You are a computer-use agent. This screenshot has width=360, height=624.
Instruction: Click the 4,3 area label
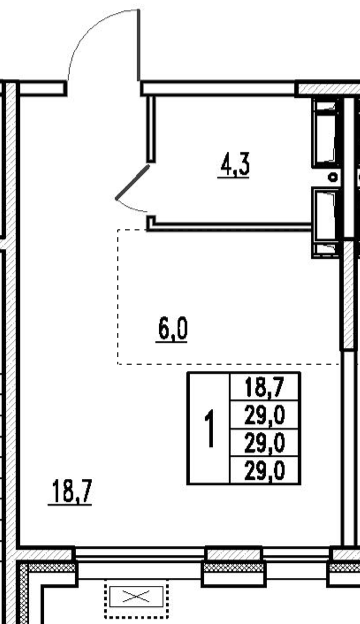click(x=234, y=166)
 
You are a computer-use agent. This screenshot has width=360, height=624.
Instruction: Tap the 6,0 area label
click(x=171, y=330)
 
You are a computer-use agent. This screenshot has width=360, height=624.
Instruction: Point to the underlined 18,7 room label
click(x=70, y=493)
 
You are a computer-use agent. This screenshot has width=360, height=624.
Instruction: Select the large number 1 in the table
click(x=210, y=429)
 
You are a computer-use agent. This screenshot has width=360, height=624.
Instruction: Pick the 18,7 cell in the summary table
click(x=265, y=387)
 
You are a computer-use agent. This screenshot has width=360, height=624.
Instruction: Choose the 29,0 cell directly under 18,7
click(x=265, y=416)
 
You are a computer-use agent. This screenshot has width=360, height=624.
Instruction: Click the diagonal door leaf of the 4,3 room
click(x=132, y=182)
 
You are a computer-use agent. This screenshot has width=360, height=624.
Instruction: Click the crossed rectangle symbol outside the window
click(x=136, y=596)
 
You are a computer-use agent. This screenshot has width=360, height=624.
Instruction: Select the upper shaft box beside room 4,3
click(x=326, y=133)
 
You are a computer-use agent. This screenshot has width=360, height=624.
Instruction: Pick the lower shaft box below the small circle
click(x=326, y=222)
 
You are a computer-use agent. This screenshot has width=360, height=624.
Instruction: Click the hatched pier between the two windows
click(x=234, y=554)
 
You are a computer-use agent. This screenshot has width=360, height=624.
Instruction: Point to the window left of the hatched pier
click(x=140, y=554)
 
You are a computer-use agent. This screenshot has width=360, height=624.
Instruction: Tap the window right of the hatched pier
click(x=297, y=554)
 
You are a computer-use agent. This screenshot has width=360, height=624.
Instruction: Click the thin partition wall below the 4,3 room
click(x=230, y=227)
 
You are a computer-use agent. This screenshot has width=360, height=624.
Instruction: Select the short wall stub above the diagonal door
click(x=151, y=129)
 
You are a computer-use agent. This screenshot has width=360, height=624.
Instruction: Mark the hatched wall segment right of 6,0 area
click(x=348, y=294)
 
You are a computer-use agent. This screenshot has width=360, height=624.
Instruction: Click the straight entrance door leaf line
click(x=139, y=45)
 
